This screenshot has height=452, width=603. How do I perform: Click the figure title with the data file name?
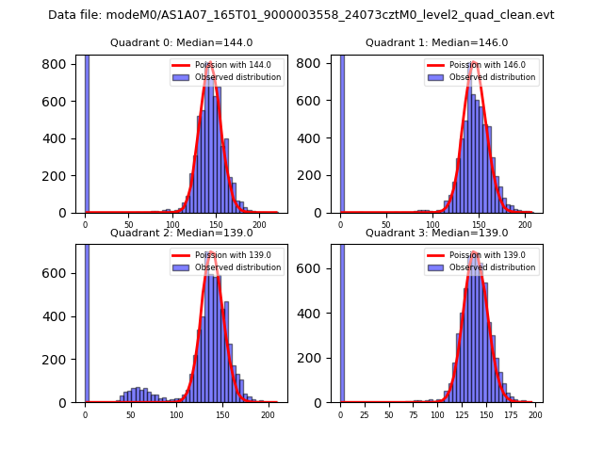[x=301, y=15]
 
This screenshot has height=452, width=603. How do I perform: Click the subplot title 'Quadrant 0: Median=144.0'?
[x=181, y=42]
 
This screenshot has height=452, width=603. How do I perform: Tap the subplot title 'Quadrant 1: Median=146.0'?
[x=436, y=42]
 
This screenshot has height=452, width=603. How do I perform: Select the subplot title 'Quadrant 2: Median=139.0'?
[x=181, y=233]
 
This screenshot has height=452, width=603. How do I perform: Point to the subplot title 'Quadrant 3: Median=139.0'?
[x=436, y=233]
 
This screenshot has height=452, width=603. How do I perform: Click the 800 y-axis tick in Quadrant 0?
[x=58, y=64]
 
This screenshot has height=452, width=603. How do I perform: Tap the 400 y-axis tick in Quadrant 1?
[x=314, y=138]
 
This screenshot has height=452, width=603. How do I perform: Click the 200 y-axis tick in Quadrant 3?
[x=314, y=359]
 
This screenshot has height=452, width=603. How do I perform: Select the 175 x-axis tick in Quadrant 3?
[x=512, y=414]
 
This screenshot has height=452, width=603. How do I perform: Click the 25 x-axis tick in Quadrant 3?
[x=365, y=414]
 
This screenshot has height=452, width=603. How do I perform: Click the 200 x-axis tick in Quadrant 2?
[x=268, y=414]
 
